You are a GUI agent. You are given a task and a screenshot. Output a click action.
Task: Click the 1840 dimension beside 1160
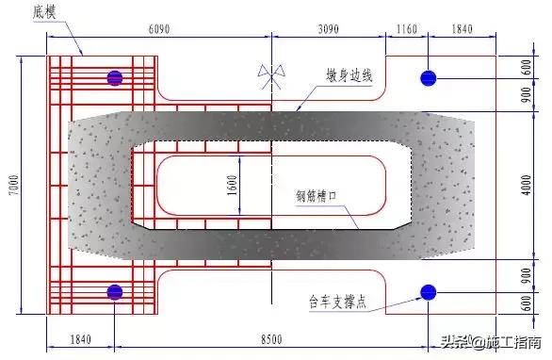point(463,29)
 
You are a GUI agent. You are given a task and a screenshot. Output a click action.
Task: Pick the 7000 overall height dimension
point(12,185)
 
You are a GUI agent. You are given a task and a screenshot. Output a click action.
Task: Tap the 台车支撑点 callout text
point(340,304)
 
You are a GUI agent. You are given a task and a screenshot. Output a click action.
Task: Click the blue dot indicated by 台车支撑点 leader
point(429,291)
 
